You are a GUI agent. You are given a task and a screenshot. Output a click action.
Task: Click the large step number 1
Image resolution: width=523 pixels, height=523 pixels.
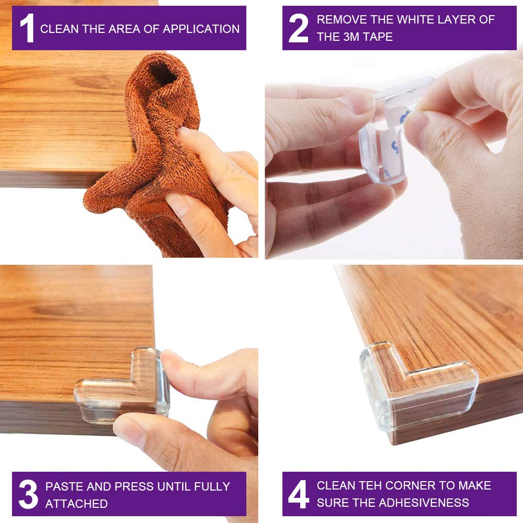point(27,28)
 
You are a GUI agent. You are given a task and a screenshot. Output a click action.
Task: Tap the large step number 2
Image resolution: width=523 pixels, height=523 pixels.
point(298,28)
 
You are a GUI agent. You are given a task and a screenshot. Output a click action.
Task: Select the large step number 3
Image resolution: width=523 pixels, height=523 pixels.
point(28,494)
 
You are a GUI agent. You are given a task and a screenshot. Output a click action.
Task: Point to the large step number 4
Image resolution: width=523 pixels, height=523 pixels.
point(298,494)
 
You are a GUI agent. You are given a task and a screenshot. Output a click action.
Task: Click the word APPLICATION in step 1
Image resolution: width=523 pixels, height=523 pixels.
point(201,29)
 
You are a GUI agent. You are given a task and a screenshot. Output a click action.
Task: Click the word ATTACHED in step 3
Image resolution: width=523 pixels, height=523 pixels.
point(76,504)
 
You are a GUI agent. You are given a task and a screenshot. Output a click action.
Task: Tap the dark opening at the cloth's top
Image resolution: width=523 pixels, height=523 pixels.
point(163,73)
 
